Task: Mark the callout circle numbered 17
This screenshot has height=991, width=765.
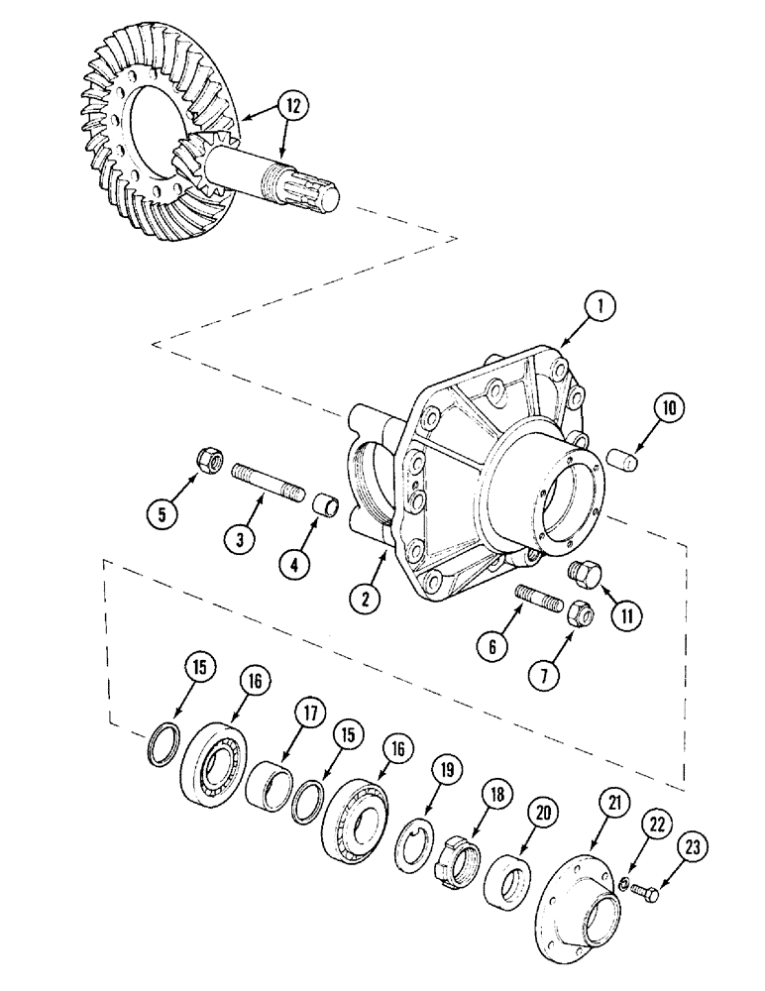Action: [x=309, y=715]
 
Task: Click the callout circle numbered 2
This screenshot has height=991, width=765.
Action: [x=367, y=598]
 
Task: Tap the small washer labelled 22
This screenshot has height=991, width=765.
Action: [x=627, y=882]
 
